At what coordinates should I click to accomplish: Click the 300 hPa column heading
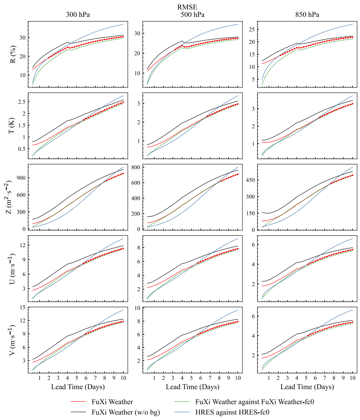tap(78, 14)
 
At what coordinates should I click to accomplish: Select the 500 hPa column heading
tap(192, 14)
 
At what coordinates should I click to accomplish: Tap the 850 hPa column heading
tap(307, 14)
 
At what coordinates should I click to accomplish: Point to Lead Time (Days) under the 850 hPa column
tap(307, 386)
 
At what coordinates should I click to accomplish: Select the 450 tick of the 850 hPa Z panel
tap(250, 180)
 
